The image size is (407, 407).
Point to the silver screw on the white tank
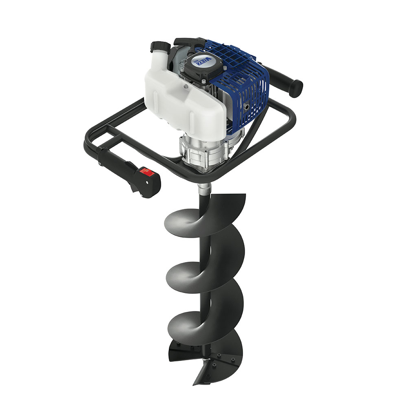(186, 86)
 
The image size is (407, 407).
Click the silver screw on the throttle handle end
(99, 164)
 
